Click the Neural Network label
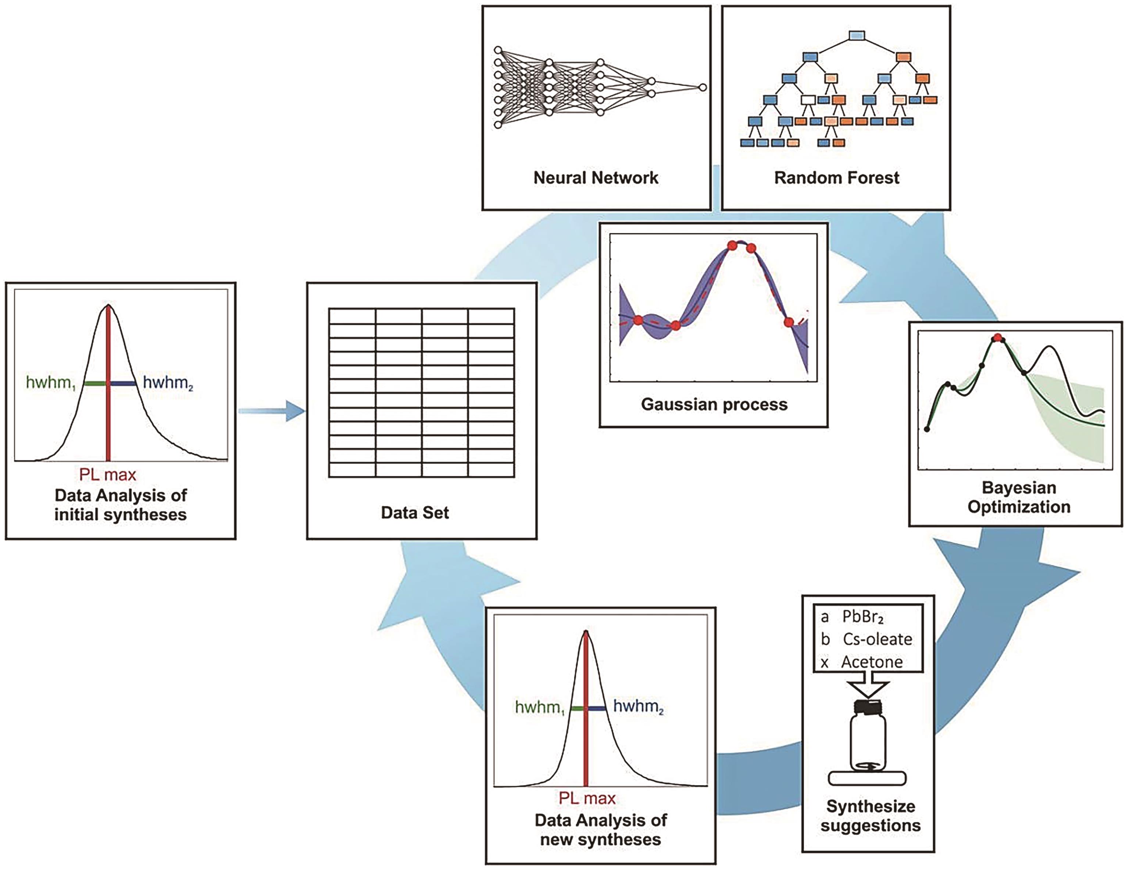pyautogui.click(x=596, y=178)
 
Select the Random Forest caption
pyautogui.click(x=836, y=178)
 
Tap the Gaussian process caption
pyautogui.click(x=714, y=404)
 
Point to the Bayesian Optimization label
pyautogui.click(x=1018, y=497)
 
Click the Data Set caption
pyautogui.click(x=415, y=512)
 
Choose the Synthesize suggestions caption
pyautogui.click(x=871, y=815)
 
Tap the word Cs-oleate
pyautogui.click(x=877, y=640)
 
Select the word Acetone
pyautogui.click(x=872, y=662)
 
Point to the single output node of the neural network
pyautogui.click(x=703, y=87)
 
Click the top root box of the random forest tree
pyautogui.click(x=857, y=36)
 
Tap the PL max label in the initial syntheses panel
pyautogui.click(x=107, y=475)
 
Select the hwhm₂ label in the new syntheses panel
pyautogui.click(x=638, y=706)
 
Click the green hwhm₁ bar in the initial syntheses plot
pyautogui.click(x=95, y=383)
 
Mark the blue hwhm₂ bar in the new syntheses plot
pyautogui.click(x=597, y=708)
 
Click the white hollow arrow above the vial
pyautogui.click(x=868, y=688)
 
